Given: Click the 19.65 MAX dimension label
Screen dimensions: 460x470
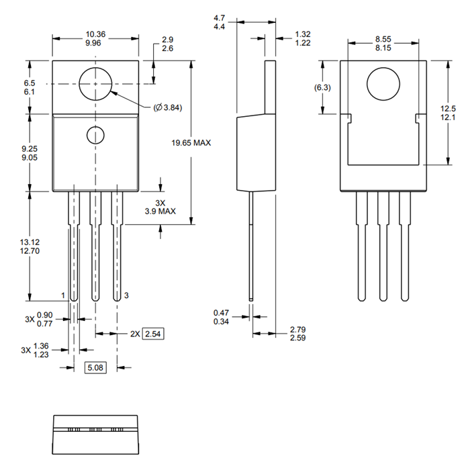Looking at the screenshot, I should click(191, 143).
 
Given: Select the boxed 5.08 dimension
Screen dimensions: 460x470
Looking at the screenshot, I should click(95, 367).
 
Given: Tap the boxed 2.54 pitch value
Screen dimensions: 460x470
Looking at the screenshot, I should click(154, 333).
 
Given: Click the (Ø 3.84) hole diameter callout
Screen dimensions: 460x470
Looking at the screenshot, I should click(168, 107).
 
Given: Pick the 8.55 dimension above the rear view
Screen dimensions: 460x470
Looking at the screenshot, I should click(384, 40).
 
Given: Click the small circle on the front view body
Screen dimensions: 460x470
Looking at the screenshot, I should click(96, 134).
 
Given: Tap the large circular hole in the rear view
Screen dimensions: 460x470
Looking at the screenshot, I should click(383, 85).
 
